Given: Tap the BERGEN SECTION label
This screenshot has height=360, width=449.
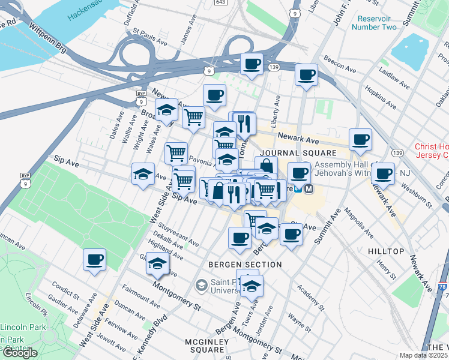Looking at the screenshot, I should pyautogui.click(x=245, y=265).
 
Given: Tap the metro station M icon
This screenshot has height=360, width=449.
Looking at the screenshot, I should pyautogui.click(x=309, y=188).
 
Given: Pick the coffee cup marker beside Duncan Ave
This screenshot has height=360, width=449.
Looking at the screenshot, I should pyautogui.click(x=94, y=260).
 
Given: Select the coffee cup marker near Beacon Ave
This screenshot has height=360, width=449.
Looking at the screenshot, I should pyautogui.click(x=306, y=75).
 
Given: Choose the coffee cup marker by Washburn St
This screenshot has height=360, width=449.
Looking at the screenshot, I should pyautogui.click(x=383, y=174).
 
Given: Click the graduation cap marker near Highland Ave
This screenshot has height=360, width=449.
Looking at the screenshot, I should pyautogui.click(x=157, y=263).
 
